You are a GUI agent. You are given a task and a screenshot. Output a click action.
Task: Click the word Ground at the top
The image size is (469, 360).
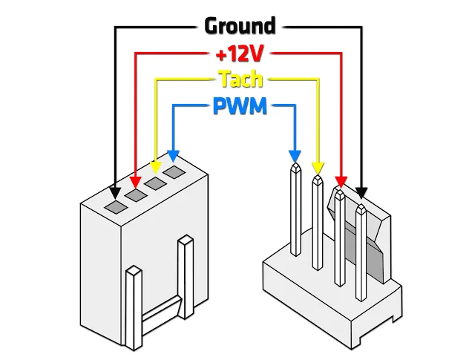coord(240,26)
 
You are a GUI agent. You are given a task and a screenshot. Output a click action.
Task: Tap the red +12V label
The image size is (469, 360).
coord(240,54)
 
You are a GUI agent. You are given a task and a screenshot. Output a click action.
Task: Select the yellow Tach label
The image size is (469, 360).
coord(241,79)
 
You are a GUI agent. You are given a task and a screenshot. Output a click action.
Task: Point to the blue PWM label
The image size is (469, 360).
coord(240,106)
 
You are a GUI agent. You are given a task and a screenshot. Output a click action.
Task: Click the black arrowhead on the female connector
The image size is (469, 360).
coord(115,193)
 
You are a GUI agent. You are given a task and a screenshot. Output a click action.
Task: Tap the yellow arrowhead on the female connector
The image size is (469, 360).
coord(155,168)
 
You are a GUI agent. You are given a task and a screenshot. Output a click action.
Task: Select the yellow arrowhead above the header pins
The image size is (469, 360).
coord(318,168)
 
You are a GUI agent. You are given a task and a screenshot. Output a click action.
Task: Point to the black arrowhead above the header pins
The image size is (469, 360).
coord(361,193)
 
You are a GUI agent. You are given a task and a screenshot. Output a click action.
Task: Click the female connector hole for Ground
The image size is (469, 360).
coord(116,207)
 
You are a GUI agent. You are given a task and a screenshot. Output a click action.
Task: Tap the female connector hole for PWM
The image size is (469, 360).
coord(174,172)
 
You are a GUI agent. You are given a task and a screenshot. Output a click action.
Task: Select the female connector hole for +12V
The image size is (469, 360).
coord(136,195)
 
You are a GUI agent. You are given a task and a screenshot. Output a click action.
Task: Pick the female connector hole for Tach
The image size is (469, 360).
coord(155,183)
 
